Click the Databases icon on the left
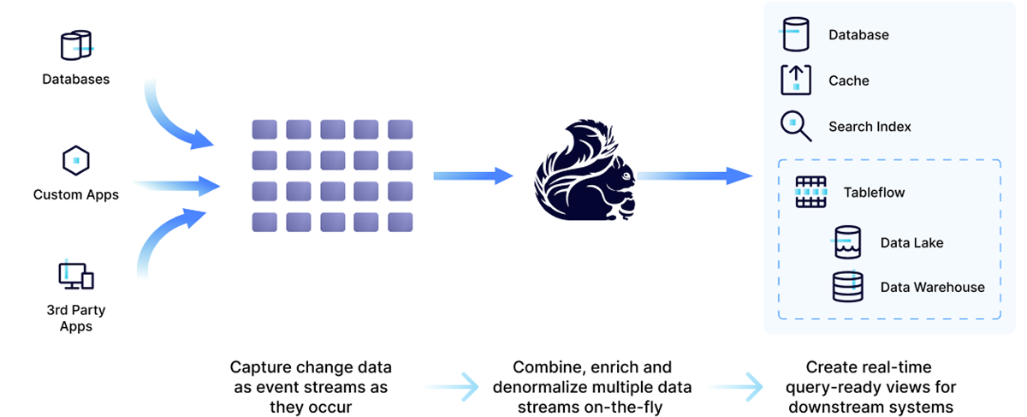point(75,45)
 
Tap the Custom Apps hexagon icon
point(75,160)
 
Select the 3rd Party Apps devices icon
point(75,274)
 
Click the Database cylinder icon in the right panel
point(794,34)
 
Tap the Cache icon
point(795,80)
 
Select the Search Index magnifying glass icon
point(795,126)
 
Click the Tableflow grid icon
point(810,193)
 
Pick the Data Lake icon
point(847,242)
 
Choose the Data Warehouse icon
point(847,287)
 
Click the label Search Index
point(870,127)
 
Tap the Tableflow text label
point(874,193)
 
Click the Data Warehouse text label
point(932,288)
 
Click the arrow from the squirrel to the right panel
point(693,176)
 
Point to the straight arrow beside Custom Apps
point(175,184)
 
